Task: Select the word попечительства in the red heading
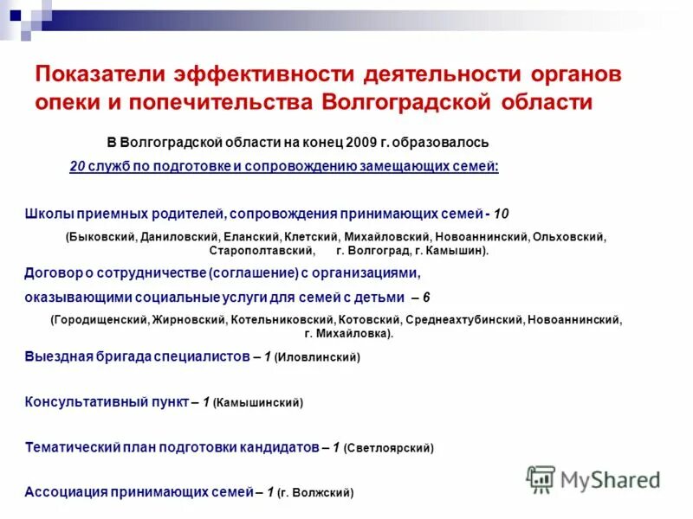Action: click(x=220, y=102)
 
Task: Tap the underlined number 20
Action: click(x=77, y=166)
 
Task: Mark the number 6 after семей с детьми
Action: click(x=426, y=298)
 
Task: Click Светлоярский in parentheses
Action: click(x=389, y=449)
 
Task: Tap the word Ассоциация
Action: click(x=65, y=492)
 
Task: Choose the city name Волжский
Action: click(x=325, y=493)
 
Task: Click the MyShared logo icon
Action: click(x=541, y=478)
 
